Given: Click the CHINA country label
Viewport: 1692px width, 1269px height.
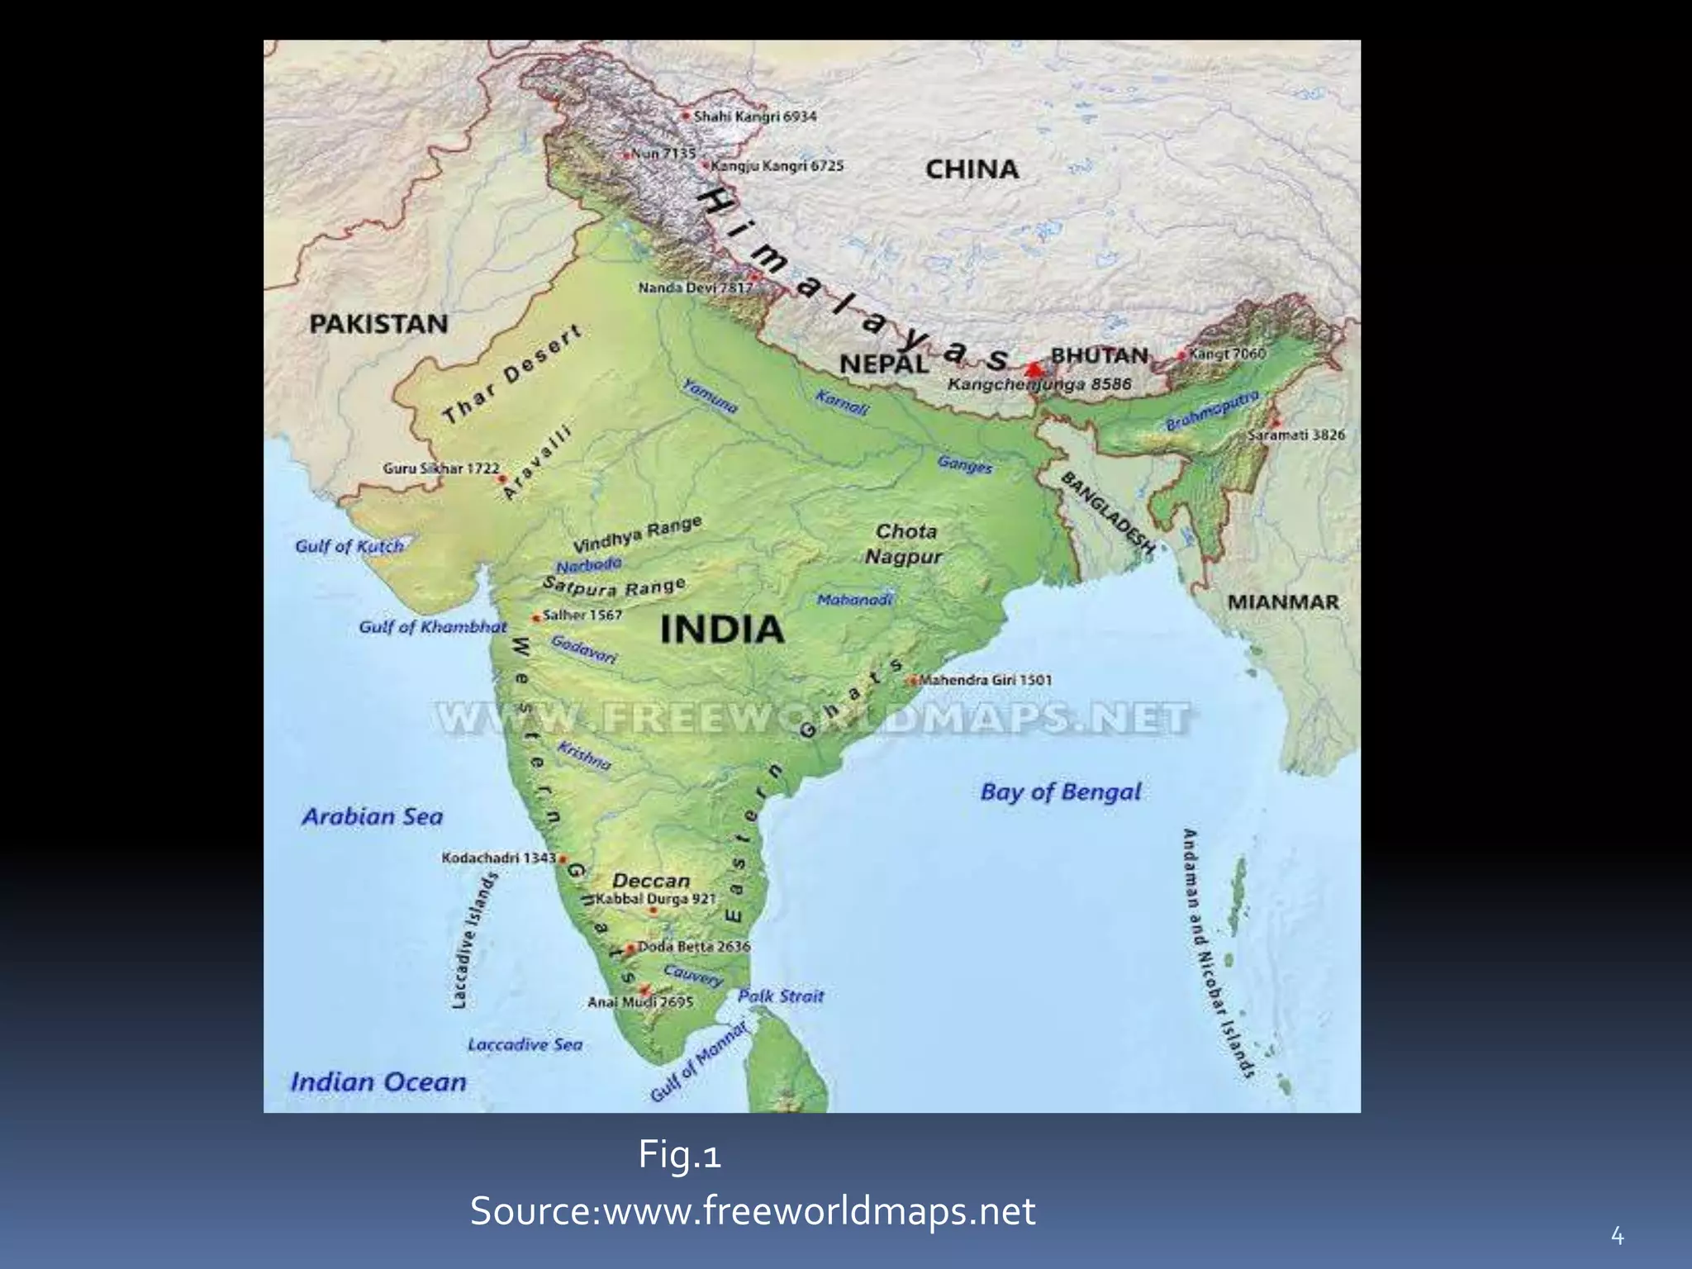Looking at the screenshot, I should tap(972, 169).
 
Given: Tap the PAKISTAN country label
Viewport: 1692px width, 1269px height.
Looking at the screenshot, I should tap(378, 324).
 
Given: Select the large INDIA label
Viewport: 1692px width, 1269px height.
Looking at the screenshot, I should tap(722, 630).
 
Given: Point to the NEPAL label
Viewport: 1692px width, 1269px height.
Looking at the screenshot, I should tap(883, 364).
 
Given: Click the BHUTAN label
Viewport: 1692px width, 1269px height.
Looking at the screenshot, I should tap(1100, 355).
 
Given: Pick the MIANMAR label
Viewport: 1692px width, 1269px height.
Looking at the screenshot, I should tap(1282, 602).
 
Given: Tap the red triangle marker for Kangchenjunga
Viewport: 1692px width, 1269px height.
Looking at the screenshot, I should tap(1034, 367).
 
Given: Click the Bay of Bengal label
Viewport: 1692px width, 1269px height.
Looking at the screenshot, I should tap(1061, 792).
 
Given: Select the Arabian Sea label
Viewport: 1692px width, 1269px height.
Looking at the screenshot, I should tap(372, 817).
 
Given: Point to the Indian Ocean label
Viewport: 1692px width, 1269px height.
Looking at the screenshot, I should tap(378, 1082).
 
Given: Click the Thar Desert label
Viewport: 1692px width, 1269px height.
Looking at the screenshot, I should tap(512, 374).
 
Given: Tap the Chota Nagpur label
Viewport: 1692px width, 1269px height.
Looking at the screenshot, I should tap(905, 544).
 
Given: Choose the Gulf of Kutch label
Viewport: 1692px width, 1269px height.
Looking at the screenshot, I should tap(349, 546).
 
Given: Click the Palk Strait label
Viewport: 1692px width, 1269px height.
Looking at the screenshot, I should tap(781, 996).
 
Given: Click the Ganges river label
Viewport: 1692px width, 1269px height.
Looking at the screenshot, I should tap(965, 464).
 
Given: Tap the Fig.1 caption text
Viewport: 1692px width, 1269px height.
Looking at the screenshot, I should tap(679, 1155).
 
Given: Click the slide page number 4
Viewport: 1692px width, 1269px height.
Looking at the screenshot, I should tap(1617, 1237).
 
